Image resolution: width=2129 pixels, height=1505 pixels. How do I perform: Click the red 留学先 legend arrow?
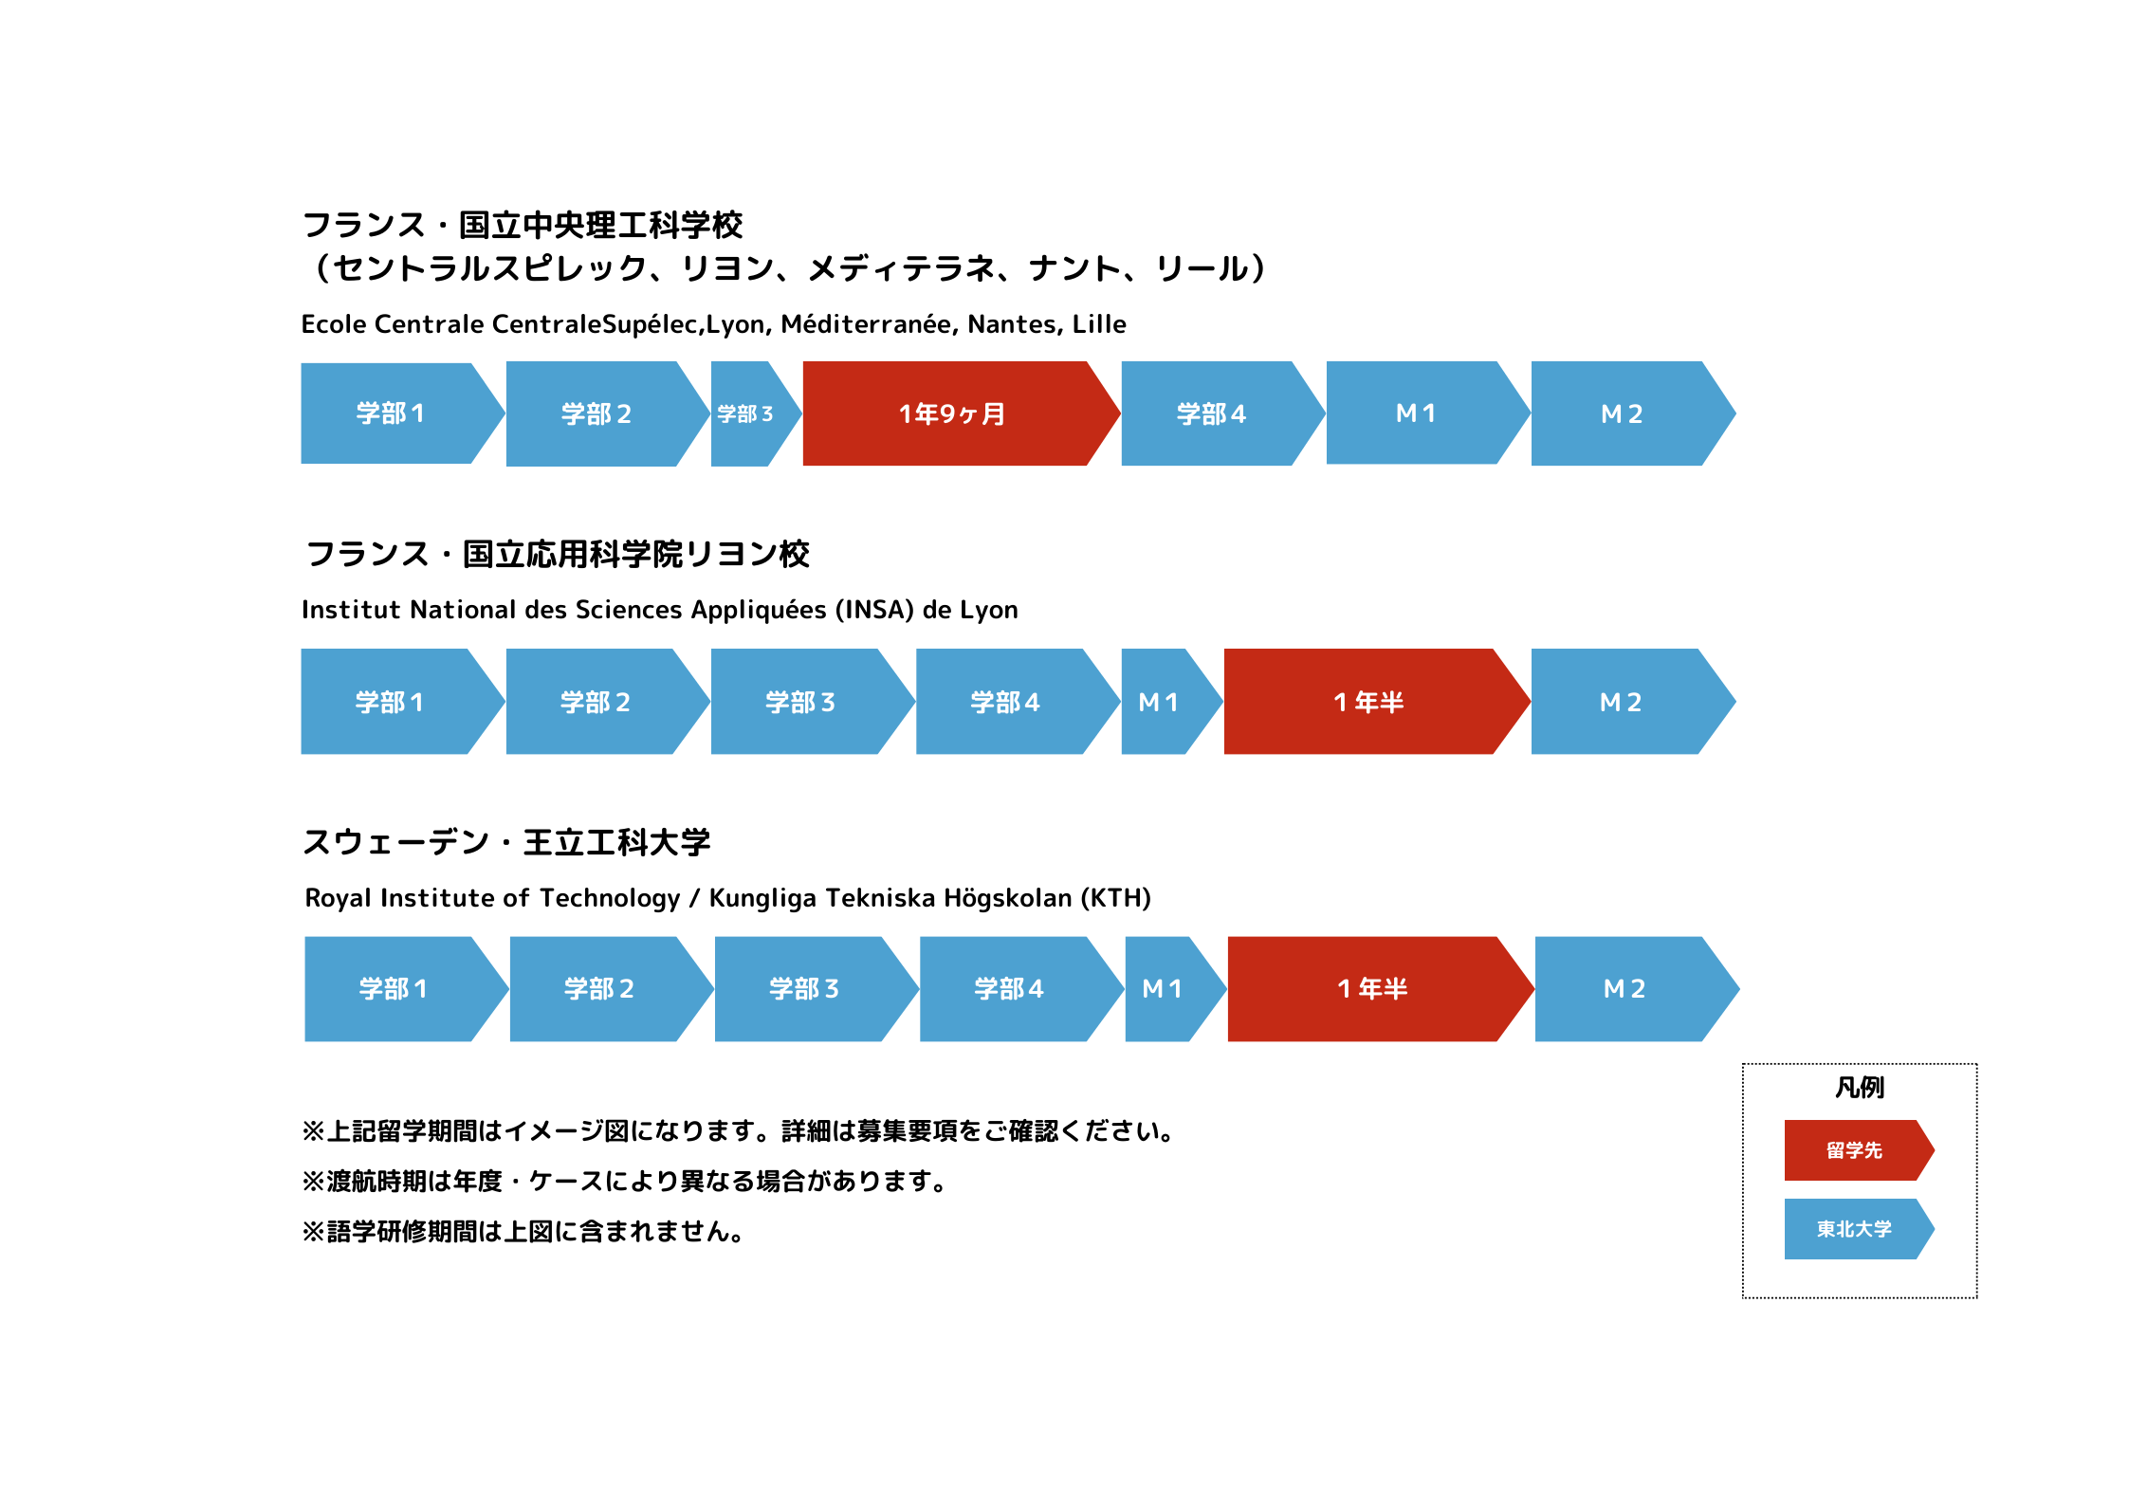tap(1858, 1150)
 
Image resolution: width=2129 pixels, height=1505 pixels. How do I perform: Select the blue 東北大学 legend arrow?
tap(1858, 1229)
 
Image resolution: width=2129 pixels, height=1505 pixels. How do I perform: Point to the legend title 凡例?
tap(1860, 1087)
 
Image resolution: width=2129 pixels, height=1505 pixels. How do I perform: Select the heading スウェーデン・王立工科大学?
tap(506, 842)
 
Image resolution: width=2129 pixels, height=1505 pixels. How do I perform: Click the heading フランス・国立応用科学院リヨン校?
tap(558, 554)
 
